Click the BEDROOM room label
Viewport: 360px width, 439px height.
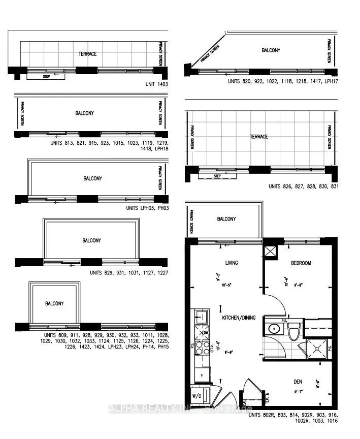coord(301,263)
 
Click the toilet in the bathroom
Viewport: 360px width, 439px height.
coord(293,333)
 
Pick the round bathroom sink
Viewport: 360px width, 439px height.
coord(274,328)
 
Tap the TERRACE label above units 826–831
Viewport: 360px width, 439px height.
coord(258,137)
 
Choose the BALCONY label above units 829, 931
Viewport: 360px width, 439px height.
coord(91,240)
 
